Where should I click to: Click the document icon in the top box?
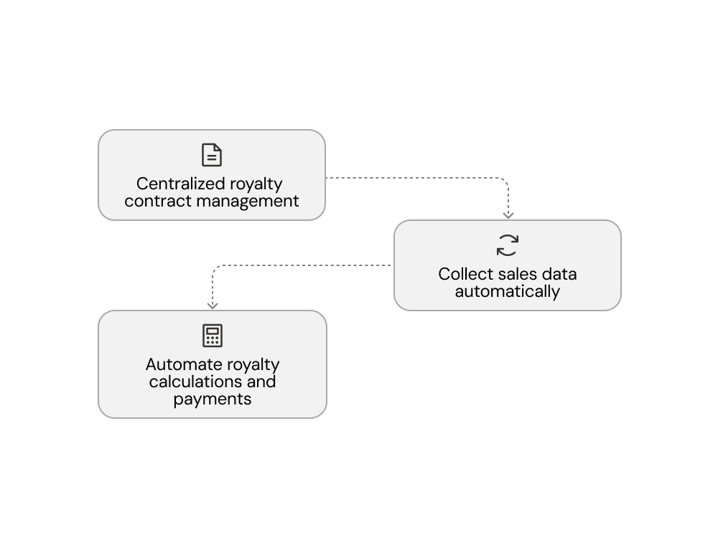[x=212, y=155]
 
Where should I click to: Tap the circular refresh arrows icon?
[x=508, y=245]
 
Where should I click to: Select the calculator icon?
[x=212, y=336]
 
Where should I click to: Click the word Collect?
[x=465, y=274]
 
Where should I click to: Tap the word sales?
[x=517, y=274]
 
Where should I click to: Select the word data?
[x=559, y=274]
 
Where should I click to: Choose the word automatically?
[x=508, y=292]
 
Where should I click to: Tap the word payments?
[x=212, y=399]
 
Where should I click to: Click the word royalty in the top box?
[x=256, y=184]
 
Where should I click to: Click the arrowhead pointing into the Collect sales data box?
[x=508, y=215]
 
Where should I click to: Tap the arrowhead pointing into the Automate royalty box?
[x=212, y=306]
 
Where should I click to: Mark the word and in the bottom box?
[x=261, y=382]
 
